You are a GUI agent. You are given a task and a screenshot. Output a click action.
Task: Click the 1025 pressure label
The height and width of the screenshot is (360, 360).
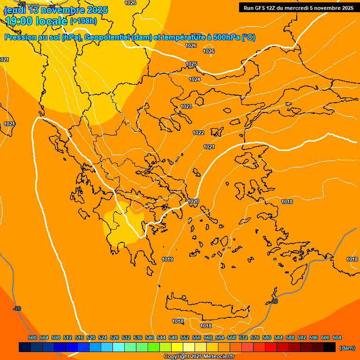click(191, 64)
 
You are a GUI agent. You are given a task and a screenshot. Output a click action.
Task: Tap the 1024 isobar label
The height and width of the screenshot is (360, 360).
click(195, 79)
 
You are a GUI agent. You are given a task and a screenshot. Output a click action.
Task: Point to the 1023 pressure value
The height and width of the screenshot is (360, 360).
click(186, 106)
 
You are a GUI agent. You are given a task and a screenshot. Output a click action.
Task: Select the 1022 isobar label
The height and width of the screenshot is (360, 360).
click(198, 133)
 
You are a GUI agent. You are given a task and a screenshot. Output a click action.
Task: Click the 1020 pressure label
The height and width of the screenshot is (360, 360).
click(193, 201)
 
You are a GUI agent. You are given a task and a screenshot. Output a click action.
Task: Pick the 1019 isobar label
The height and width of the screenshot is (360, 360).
click(167, 259)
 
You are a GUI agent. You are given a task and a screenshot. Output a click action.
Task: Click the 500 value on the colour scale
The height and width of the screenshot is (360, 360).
click(32, 337)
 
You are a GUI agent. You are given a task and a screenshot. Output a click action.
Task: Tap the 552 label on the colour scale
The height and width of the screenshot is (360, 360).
click(185, 337)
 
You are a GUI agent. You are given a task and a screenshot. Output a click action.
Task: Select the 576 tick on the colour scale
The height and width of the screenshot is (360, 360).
click(255, 337)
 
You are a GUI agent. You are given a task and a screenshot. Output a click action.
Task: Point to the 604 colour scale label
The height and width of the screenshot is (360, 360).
click(337, 337)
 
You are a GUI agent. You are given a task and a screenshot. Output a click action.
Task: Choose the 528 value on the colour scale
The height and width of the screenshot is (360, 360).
click(114, 337)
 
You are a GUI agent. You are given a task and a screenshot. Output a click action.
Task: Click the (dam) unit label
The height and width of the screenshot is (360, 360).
click(347, 347)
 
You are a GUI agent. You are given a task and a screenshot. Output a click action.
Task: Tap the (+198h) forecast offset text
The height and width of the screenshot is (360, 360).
click(83, 21)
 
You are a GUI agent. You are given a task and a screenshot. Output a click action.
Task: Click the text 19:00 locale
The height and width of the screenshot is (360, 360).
click(36, 21)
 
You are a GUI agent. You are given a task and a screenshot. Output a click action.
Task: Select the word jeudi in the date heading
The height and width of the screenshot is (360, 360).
click(15, 10)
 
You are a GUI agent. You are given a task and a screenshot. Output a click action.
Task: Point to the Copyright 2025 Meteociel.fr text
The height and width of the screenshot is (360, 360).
click(199, 356)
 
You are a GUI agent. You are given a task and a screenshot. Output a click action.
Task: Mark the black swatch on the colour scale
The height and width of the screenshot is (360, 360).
click(330, 347)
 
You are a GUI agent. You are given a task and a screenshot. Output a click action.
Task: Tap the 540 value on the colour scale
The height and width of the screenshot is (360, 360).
click(150, 337)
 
